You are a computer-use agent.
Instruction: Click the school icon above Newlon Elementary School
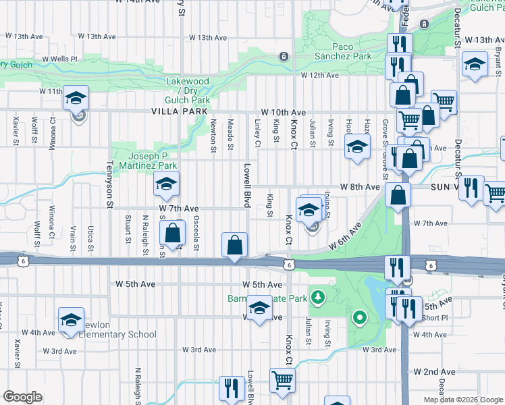[x=71, y=321]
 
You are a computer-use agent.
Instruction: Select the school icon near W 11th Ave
[x=76, y=98]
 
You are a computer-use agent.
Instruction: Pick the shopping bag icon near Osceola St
[x=174, y=234]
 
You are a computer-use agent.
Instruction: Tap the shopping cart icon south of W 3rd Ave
[x=282, y=380]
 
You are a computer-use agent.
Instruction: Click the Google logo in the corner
[x=23, y=397]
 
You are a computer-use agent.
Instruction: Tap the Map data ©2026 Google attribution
[x=463, y=400]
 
